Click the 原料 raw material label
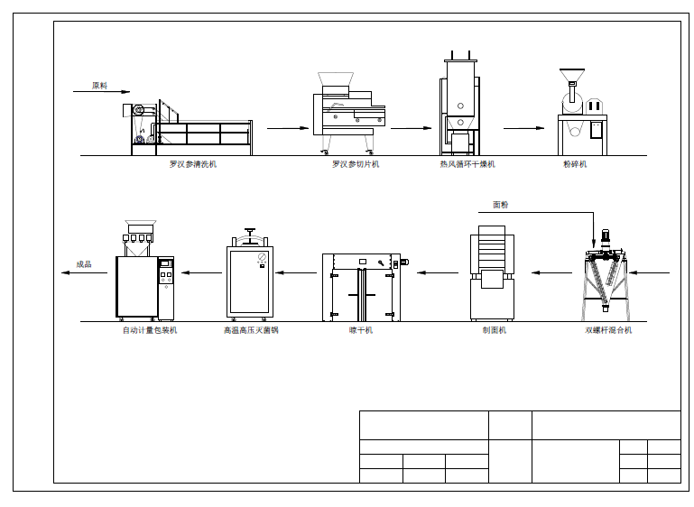(99, 86)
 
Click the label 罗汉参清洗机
(193, 164)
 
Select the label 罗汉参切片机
(356, 164)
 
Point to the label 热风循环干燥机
(467, 164)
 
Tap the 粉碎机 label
(575, 164)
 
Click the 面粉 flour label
(501, 205)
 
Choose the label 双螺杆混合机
(608, 330)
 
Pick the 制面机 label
(494, 330)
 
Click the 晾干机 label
(361, 330)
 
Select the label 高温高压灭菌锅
(251, 330)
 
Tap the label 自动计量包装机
(150, 330)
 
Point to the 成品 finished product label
(84, 264)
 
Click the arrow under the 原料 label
(101, 92)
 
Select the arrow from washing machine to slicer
(288, 128)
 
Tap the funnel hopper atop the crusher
(572, 75)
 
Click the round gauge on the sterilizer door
(262, 256)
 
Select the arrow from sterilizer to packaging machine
(201, 272)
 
